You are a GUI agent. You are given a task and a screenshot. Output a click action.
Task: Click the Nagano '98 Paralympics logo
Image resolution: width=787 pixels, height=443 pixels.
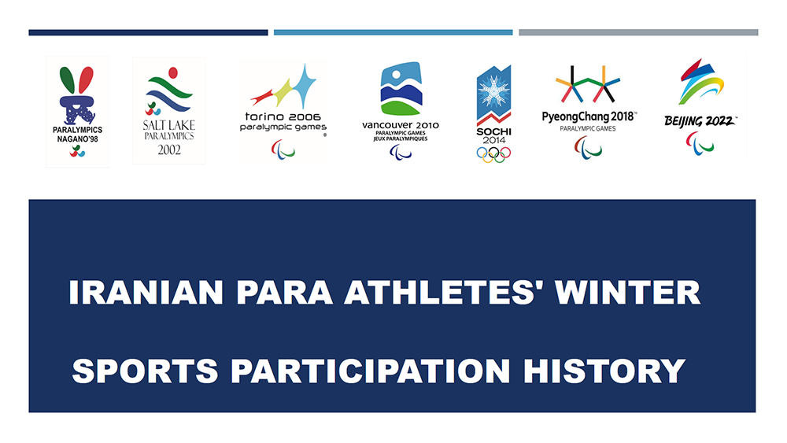tap(77, 110)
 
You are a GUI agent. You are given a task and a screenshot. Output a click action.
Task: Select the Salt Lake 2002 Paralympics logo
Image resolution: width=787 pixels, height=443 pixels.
tap(168, 110)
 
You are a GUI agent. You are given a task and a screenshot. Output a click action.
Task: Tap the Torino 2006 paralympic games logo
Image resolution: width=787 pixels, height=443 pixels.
tap(283, 110)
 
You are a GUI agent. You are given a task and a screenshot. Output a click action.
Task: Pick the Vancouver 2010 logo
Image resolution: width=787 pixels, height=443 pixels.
tap(401, 110)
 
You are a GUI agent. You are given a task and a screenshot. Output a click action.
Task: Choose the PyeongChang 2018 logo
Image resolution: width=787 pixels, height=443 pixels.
tap(589, 110)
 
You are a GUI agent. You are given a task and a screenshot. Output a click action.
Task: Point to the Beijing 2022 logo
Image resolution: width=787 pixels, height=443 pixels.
tap(700, 106)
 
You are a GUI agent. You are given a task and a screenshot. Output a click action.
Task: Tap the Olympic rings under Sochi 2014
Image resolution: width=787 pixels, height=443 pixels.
tap(493, 153)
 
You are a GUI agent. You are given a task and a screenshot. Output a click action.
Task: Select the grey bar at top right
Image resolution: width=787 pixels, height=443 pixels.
tap(638, 32)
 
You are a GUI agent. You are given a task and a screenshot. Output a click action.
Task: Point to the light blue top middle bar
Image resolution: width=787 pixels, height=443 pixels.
tap(393, 32)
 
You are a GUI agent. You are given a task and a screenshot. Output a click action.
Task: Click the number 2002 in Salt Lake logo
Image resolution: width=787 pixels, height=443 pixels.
tap(168, 150)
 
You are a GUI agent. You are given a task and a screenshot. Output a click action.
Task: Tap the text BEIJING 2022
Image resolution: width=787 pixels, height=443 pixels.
tap(700, 121)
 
